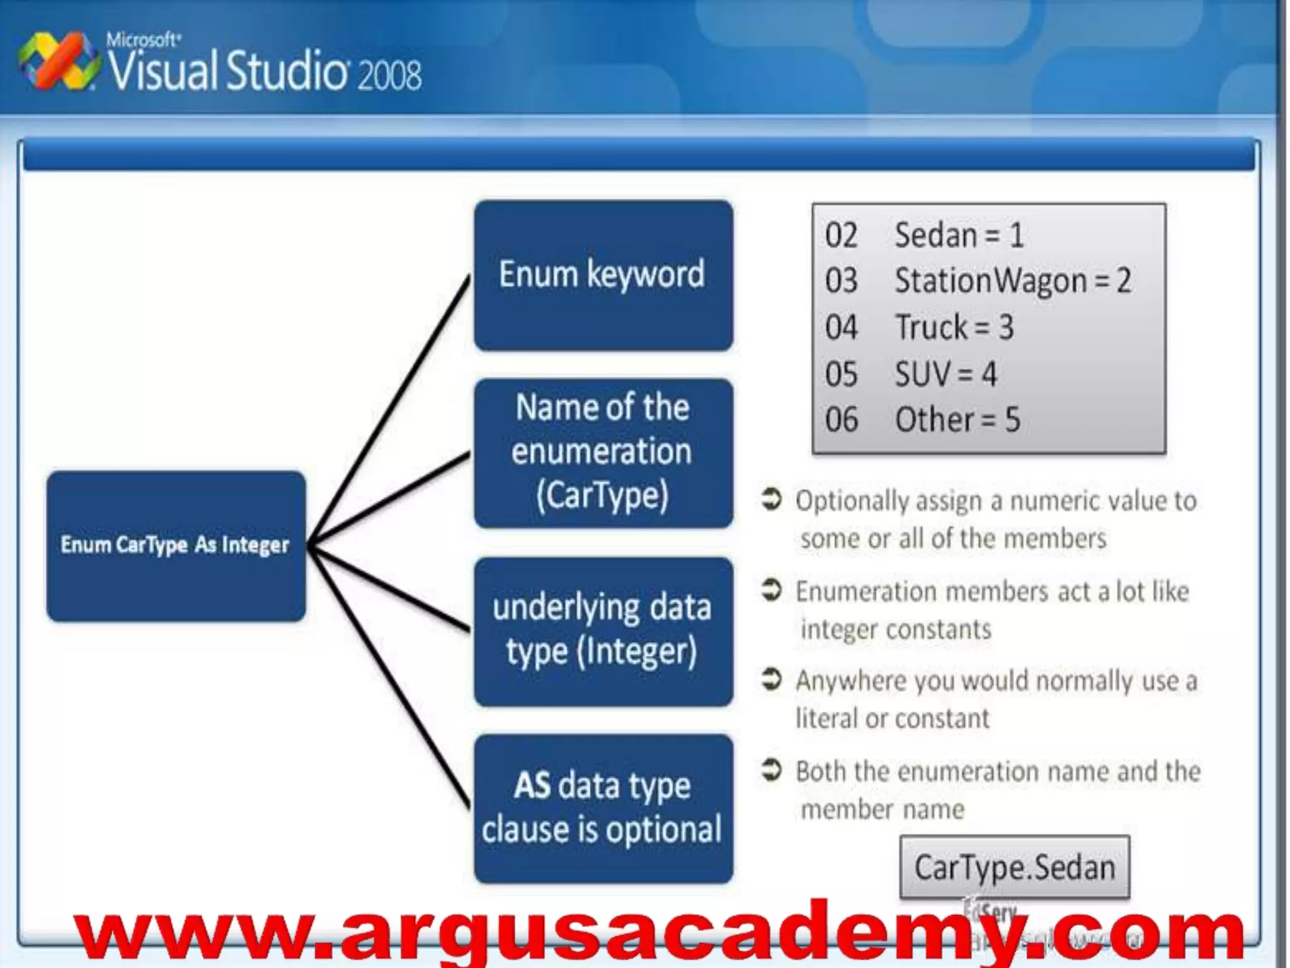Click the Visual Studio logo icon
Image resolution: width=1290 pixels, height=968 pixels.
tap(59, 62)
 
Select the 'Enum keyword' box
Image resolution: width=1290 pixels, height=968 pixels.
tap(603, 275)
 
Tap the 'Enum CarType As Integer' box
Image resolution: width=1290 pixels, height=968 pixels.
tap(176, 546)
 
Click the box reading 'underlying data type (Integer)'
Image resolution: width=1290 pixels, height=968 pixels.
tap(603, 631)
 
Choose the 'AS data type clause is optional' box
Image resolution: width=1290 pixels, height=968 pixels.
tap(603, 809)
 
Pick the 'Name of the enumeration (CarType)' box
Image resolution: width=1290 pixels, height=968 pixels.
tap(603, 452)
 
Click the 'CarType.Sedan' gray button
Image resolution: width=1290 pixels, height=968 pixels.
tap(1014, 867)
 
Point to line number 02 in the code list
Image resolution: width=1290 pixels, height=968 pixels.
tap(841, 236)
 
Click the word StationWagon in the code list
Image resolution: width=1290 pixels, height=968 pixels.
tap(991, 281)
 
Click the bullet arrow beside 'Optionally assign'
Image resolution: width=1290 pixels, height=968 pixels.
tap(772, 499)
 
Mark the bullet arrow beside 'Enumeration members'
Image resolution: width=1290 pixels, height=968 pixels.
tap(772, 590)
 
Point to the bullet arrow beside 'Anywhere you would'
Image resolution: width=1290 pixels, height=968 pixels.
tap(772, 679)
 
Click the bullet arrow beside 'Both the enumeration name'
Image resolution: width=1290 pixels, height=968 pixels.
tap(772, 769)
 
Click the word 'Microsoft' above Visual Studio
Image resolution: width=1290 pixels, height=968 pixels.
tap(142, 40)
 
